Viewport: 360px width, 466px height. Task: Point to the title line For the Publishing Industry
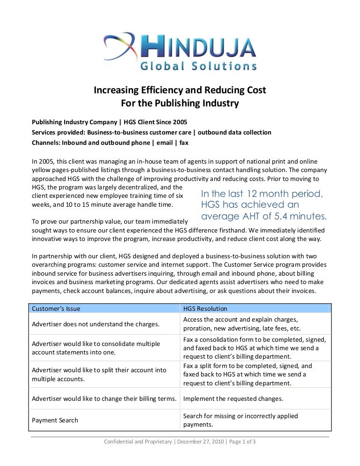pyautogui.click(x=180, y=103)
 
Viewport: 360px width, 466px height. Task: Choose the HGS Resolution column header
pyautogui.click(x=205, y=308)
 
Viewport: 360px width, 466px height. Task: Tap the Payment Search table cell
pyautogui.click(x=55, y=420)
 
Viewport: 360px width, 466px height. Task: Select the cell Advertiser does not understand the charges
pyautogui.click(x=95, y=324)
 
